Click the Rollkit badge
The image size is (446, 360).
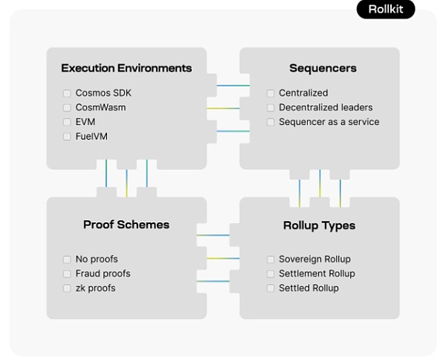click(x=385, y=10)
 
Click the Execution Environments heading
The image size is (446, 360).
click(x=126, y=68)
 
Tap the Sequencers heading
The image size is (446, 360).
click(x=323, y=68)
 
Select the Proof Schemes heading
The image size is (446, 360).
click(x=126, y=225)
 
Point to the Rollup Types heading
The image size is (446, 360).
click(x=319, y=225)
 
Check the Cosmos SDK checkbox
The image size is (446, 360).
click(x=68, y=93)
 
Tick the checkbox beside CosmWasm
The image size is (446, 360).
click(x=68, y=107)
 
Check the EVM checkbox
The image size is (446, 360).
click(x=68, y=122)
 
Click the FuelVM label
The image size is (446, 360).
click(x=91, y=136)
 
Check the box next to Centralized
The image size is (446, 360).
click(x=271, y=93)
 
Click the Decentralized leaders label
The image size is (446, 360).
click(x=326, y=107)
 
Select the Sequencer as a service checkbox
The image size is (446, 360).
click(x=271, y=122)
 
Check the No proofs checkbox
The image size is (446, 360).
click(x=68, y=260)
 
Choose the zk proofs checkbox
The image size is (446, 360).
click(x=68, y=288)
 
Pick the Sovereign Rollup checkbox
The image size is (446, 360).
click(x=271, y=260)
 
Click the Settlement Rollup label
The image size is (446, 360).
click(x=317, y=274)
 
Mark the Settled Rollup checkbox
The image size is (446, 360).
click(x=271, y=288)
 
